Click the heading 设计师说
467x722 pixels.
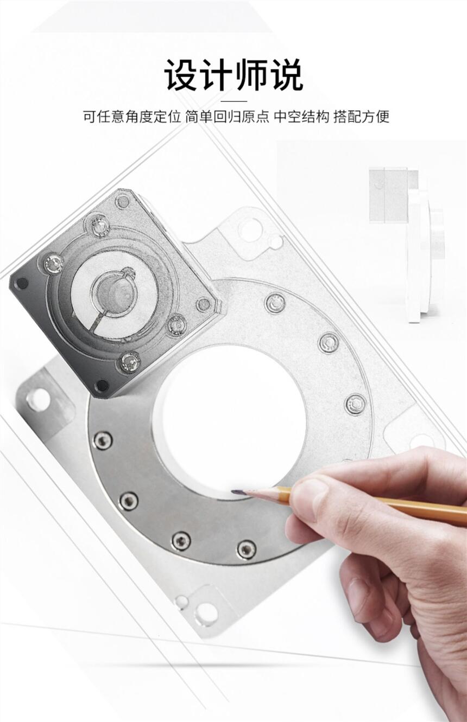pos(233,75)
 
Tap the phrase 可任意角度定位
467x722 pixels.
pos(131,117)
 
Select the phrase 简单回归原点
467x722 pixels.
pos(227,117)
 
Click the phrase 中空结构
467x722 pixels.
pos(301,117)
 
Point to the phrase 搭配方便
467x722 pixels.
pos(362,117)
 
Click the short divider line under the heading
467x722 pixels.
pos(234,101)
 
